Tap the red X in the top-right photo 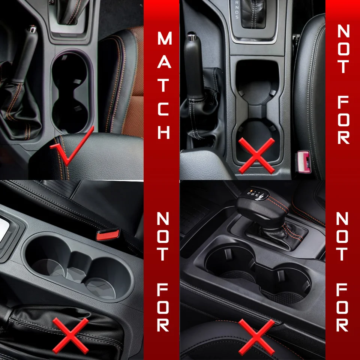[256, 155]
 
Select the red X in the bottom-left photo [70, 336]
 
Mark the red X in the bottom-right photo [256, 337]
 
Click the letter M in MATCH [164, 38]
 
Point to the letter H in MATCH [164, 132]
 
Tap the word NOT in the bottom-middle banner [163, 237]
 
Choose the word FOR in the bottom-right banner [342, 307]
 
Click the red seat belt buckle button [108, 235]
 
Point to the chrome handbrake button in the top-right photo [192, 36]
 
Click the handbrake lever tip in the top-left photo [32, 29]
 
